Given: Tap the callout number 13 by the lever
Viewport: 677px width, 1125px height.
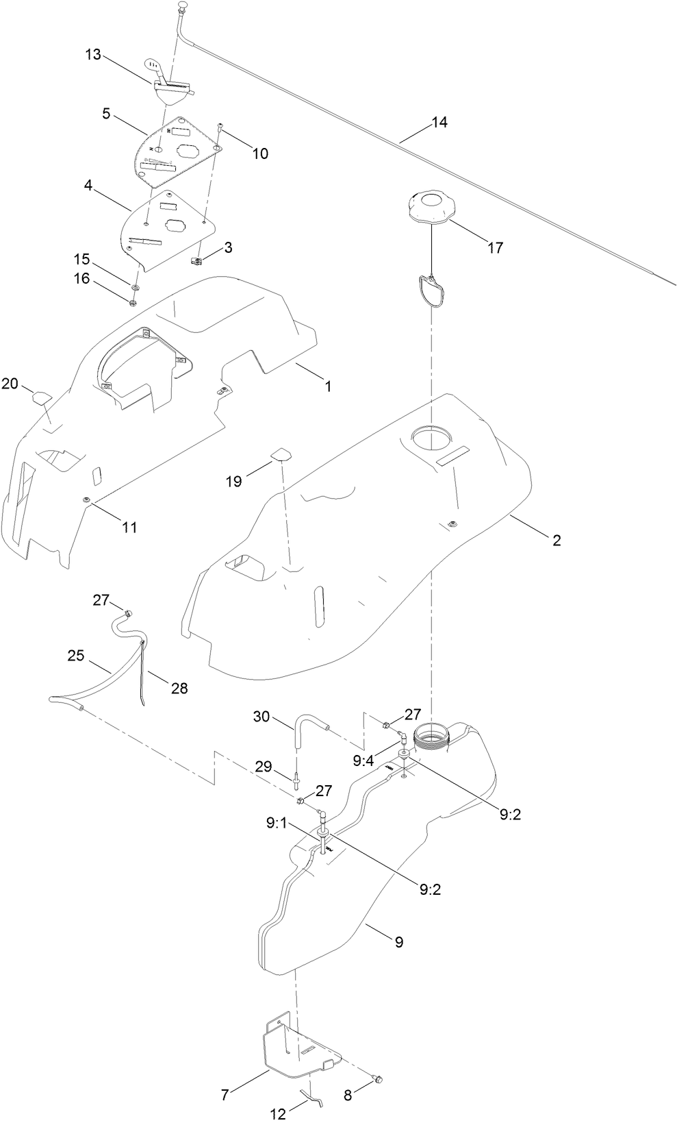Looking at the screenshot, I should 93,55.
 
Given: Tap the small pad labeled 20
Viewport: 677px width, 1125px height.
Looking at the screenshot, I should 42,397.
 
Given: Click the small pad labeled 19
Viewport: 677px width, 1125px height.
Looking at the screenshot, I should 281,454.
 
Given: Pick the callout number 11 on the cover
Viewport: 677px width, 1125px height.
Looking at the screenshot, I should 129,527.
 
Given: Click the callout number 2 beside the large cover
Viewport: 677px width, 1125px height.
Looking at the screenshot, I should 557,540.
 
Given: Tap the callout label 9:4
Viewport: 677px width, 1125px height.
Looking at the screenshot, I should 363,760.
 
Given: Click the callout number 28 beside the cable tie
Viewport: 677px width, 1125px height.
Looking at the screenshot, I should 179,689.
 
